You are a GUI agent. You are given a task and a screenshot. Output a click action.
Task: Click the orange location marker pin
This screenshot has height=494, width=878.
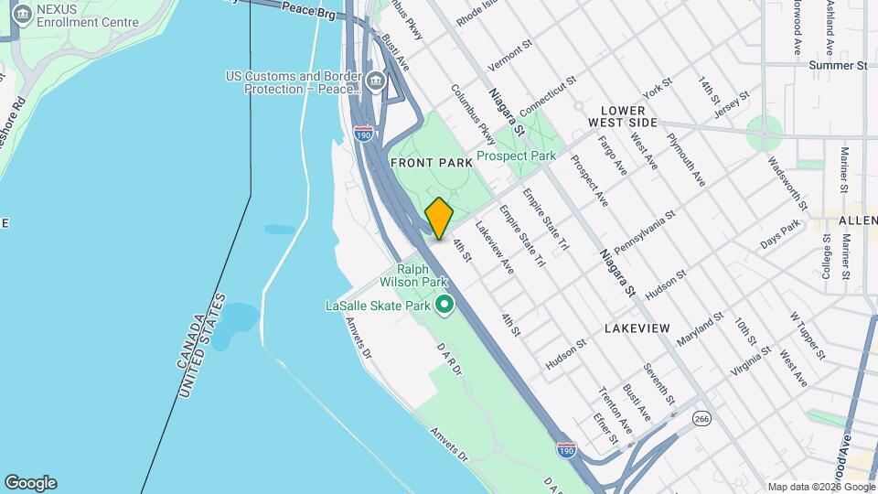click(439, 218)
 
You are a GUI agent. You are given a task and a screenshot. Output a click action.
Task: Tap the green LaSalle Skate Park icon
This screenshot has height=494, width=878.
click(444, 305)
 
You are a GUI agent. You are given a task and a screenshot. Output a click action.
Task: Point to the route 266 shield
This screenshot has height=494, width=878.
click(701, 418)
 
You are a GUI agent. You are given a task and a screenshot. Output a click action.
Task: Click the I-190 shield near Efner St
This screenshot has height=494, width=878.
click(567, 449)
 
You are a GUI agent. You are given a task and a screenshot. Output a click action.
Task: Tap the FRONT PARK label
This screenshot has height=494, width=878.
click(432, 162)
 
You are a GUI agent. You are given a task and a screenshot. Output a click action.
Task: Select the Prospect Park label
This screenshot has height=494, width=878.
click(516, 156)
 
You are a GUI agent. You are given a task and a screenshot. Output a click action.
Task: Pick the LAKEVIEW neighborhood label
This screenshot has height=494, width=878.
click(637, 328)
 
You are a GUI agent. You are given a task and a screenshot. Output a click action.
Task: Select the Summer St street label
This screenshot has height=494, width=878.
click(837, 66)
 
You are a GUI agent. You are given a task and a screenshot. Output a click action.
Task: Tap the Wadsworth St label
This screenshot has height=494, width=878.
click(787, 183)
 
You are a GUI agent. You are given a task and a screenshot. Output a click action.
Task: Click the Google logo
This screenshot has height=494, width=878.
click(30, 482)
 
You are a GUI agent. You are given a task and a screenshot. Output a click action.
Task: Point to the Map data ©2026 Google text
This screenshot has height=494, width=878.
click(819, 487)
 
